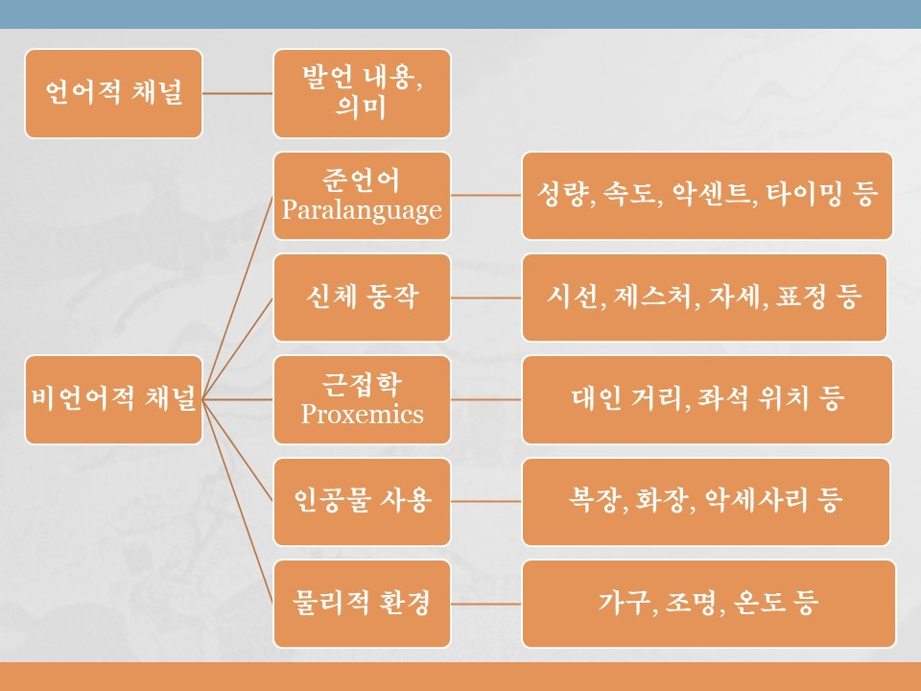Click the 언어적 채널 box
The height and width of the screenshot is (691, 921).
point(113,93)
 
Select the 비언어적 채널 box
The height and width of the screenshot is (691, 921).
point(113,399)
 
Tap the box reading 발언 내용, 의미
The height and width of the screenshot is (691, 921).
point(362,93)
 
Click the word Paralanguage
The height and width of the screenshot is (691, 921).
point(362,208)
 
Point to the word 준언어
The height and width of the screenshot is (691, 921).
point(362,179)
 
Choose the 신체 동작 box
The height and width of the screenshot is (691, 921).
point(362,298)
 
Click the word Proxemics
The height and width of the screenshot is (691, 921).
point(362,414)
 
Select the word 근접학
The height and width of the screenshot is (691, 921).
point(362,385)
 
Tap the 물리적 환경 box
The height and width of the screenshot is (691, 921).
point(362,604)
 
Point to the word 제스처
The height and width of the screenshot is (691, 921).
point(657,298)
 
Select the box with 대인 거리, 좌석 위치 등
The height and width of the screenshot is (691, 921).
point(707,399)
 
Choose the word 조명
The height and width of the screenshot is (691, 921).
point(692,604)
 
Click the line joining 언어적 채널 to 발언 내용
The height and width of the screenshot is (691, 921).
point(238,93)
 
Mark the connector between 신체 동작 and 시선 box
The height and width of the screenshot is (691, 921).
point(486,298)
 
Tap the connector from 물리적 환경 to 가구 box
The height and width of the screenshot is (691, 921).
point(486,604)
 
